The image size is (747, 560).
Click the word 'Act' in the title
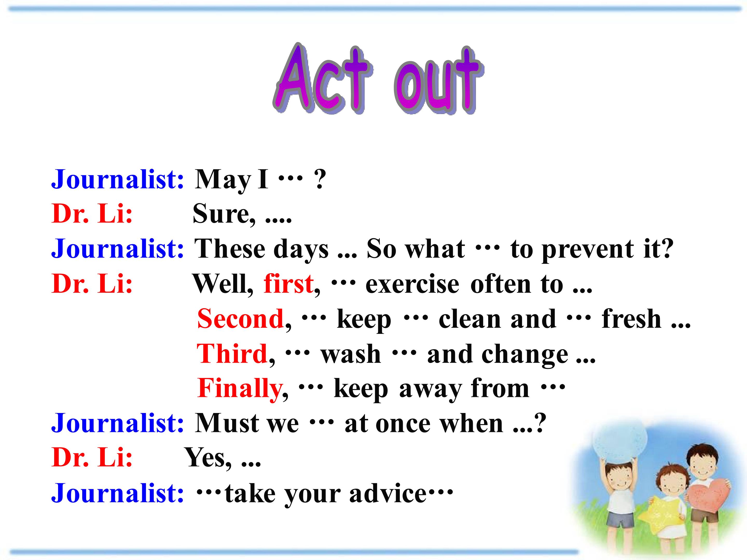tap(323, 78)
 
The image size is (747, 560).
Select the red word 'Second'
tap(240, 319)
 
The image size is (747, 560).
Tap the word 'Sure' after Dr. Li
tap(221, 214)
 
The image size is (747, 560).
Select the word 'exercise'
tap(412, 285)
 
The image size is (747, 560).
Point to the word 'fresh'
tap(631, 319)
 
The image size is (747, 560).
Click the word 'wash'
tap(350, 354)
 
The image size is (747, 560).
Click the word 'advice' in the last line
tap(388, 494)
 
